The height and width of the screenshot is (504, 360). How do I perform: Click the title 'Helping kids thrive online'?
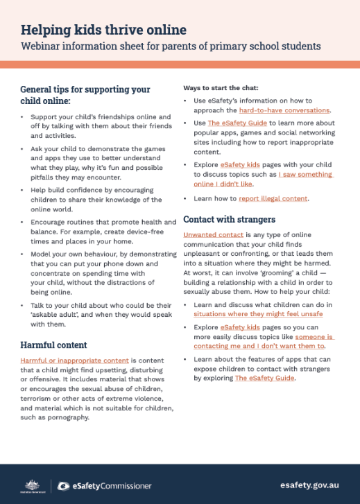(x=103, y=30)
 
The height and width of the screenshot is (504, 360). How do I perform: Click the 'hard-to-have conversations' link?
(x=284, y=110)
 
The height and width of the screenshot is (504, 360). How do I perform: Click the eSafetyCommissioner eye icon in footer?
(x=64, y=485)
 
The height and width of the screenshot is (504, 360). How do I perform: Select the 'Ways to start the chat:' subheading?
(x=221, y=88)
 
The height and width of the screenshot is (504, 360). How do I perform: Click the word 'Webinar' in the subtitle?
(x=42, y=46)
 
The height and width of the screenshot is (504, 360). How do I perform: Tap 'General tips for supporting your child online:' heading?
(x=85, y=95)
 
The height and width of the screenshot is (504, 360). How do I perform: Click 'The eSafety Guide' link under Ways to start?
(x=238, y=121)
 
